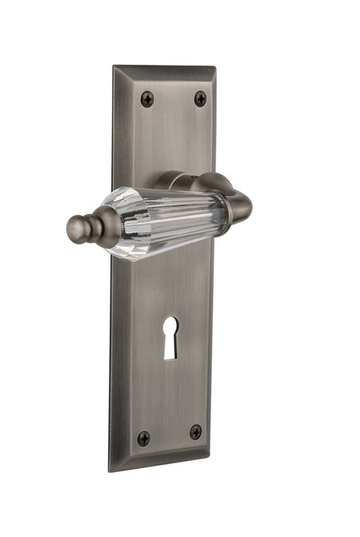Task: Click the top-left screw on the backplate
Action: (147, 98)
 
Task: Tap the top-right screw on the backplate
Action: (200, 98)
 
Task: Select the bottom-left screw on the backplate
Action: (143, 438)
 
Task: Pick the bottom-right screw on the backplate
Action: (196, 432)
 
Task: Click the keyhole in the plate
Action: (171, 337)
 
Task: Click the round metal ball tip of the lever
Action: (78, 230)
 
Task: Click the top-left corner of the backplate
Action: (114, 68)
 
